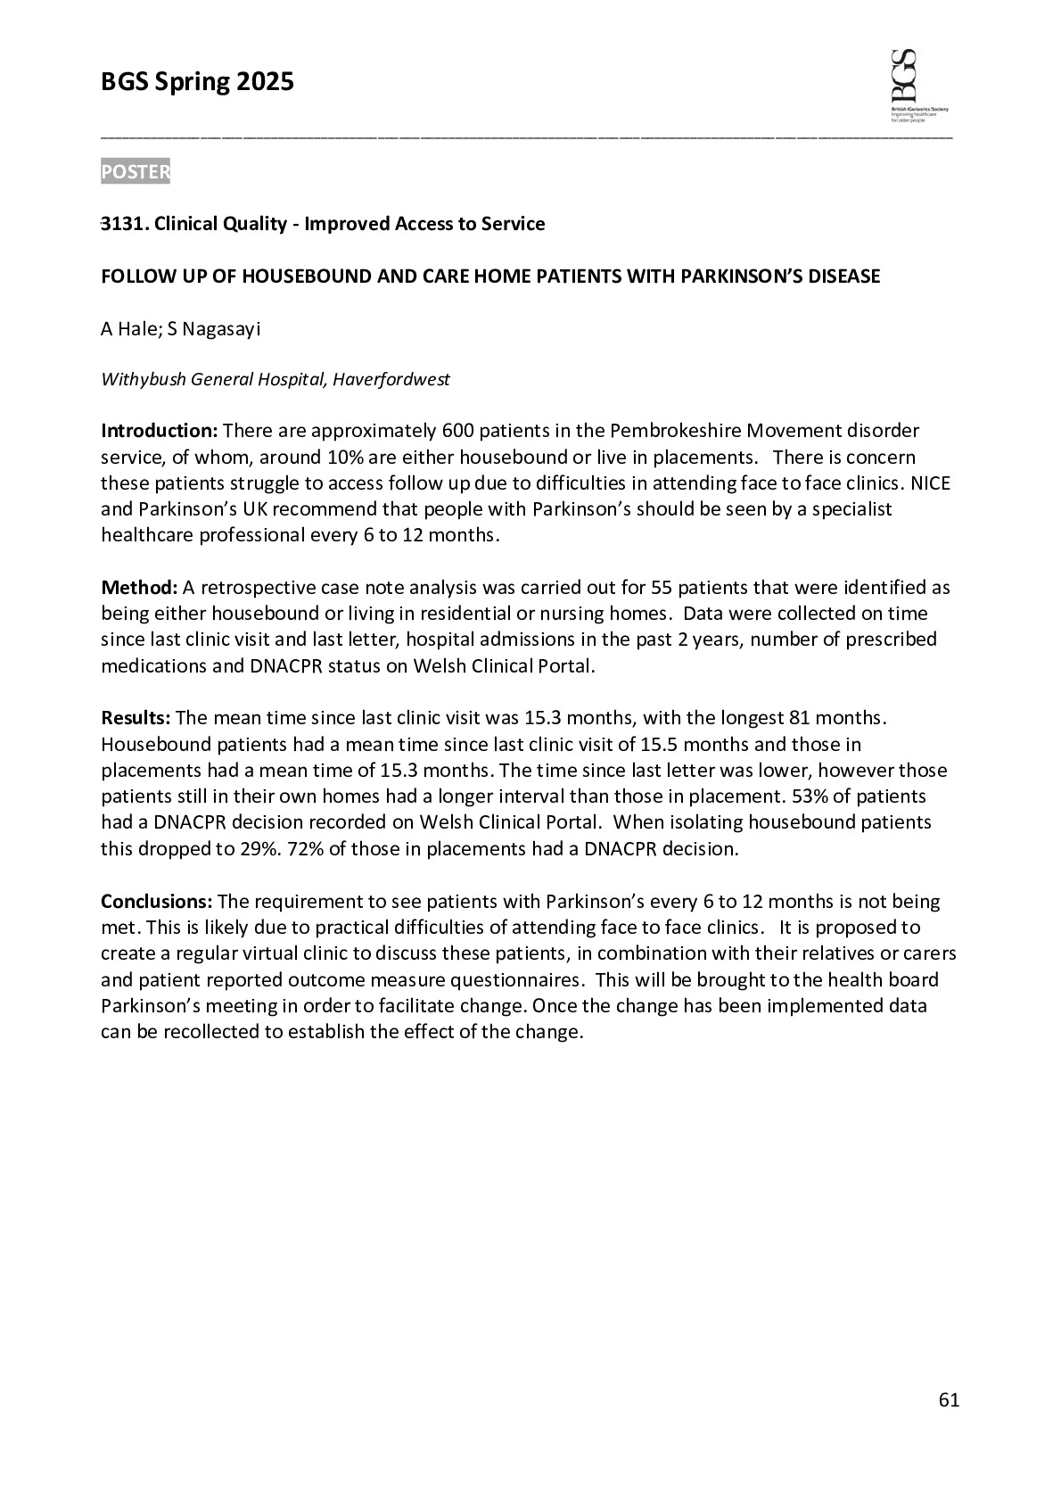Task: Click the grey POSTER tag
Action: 135,171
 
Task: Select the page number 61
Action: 949,1400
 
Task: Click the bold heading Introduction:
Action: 159,432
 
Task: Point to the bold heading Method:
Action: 139,588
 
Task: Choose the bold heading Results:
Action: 136,718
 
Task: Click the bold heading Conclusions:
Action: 156,902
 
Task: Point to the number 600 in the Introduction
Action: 457,432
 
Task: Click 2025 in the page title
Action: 264,83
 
